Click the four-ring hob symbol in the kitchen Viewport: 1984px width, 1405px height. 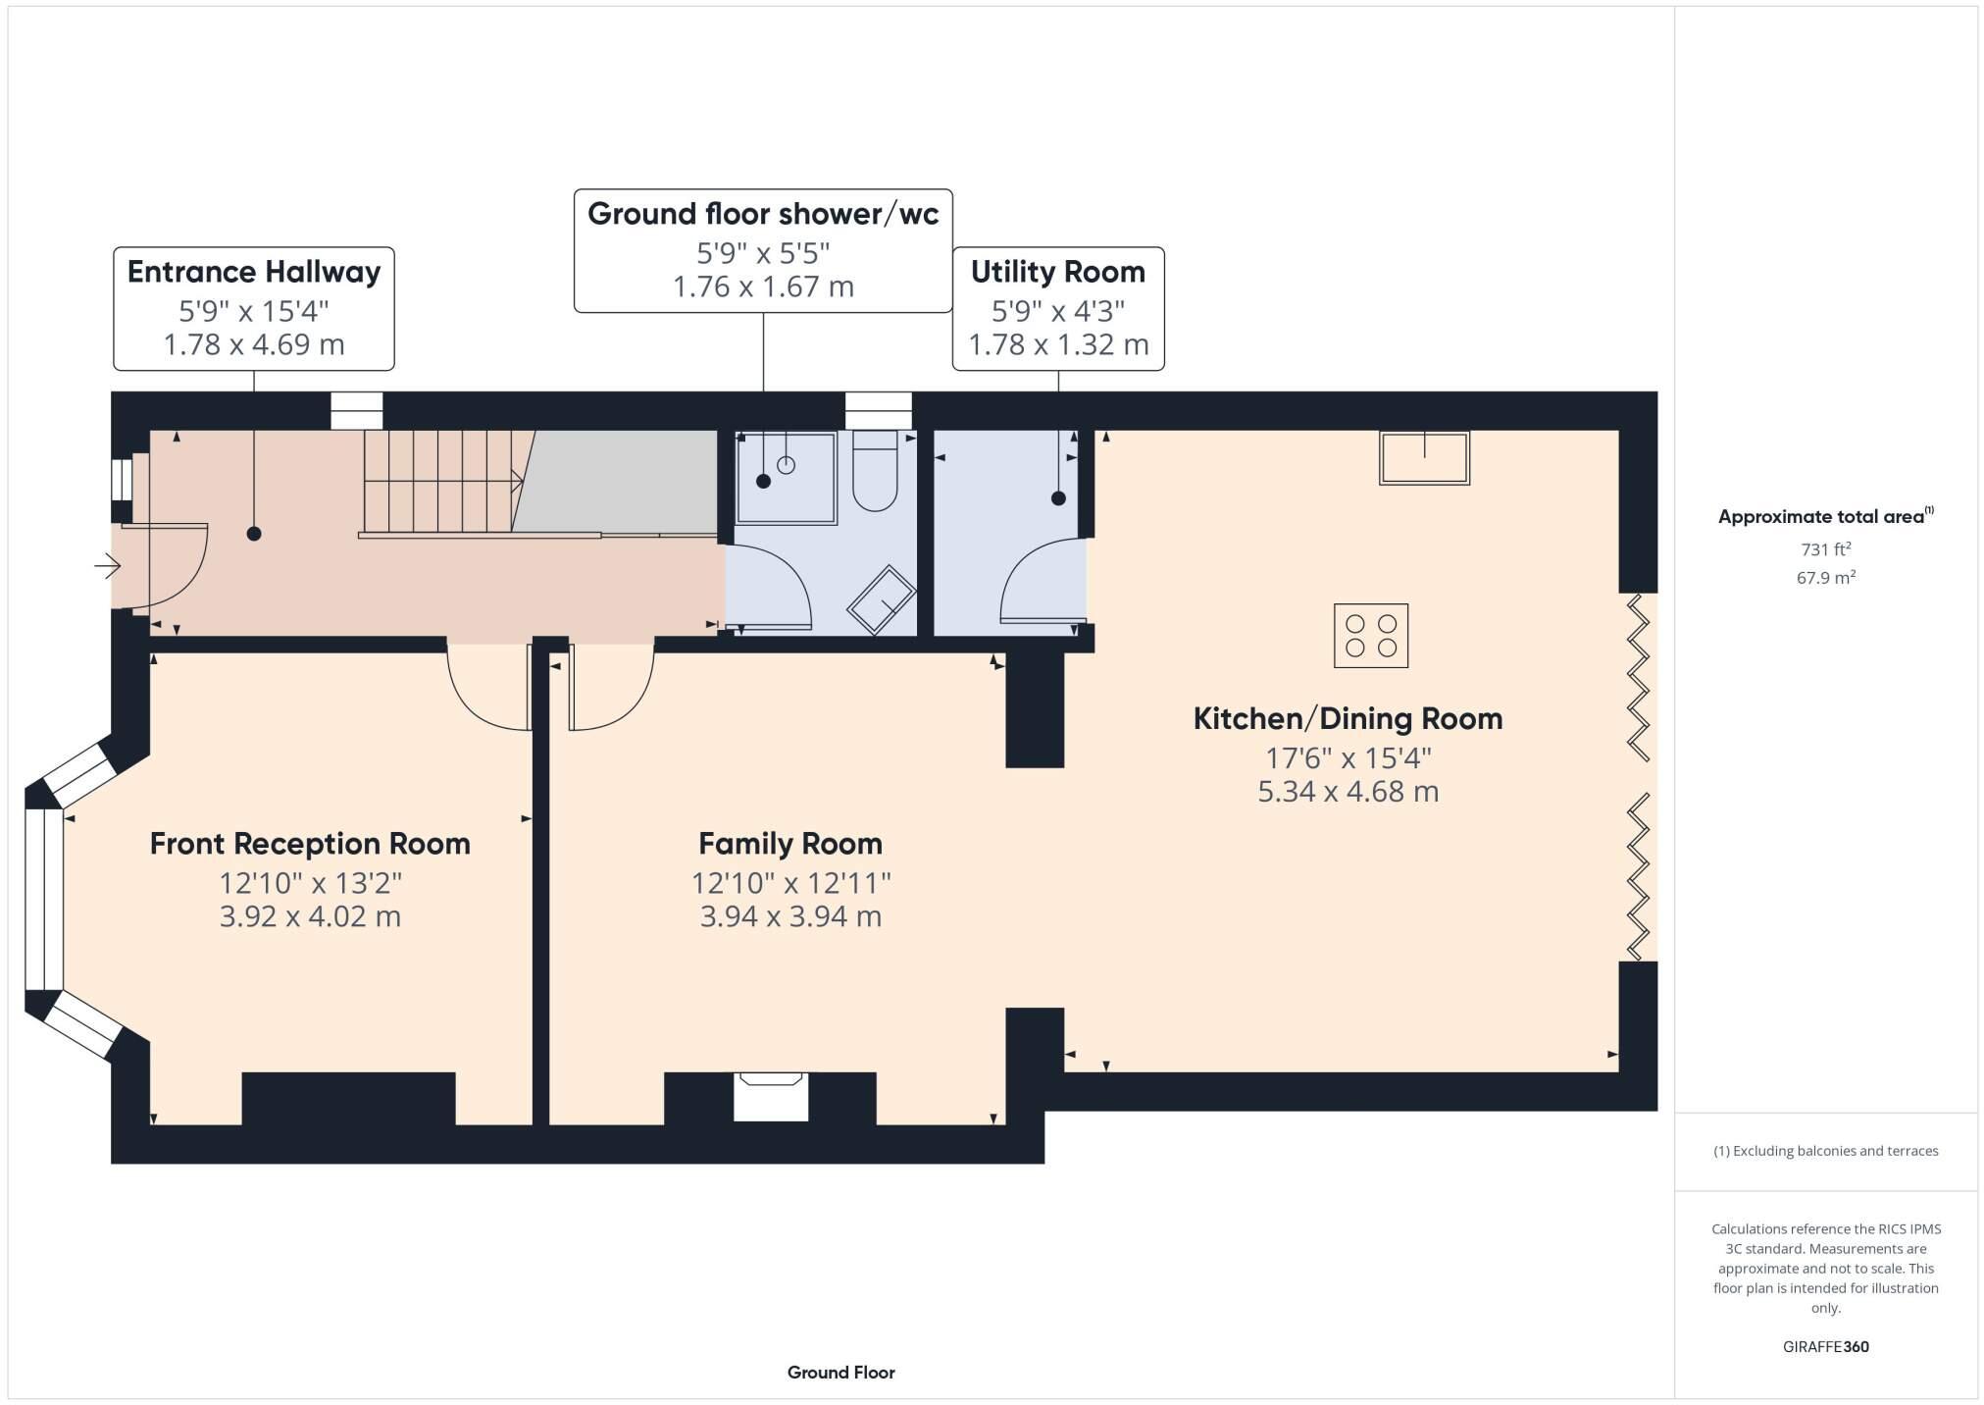coord(1370,635)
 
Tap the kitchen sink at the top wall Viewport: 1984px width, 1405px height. coord(1424,457)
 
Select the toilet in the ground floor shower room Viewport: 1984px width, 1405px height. coord(875,473)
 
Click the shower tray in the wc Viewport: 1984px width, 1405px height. coord(786,478)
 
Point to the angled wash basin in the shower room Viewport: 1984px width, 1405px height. coord(881,599)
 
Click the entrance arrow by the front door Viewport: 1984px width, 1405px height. coord(107,566)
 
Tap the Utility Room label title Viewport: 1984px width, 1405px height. coord(1057,272)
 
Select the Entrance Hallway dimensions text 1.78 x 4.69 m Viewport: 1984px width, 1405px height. coord(253,344)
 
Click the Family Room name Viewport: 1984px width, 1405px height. coord(789,844)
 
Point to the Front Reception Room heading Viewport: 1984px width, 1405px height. coord(310,844)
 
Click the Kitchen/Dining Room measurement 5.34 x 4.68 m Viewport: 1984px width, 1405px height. coord(1348,792)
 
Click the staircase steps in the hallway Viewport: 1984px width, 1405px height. coord(437,481)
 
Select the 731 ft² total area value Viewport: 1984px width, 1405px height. coord(1825,549)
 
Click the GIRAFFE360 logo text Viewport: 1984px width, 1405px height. coord(1825,1347)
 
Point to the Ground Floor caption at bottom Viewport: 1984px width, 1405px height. coord(840,1373)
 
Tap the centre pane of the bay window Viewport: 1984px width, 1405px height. coord(44,899)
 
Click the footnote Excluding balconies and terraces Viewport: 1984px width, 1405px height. coord(1825,1151)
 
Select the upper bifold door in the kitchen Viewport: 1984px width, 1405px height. coord(1639,677)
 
